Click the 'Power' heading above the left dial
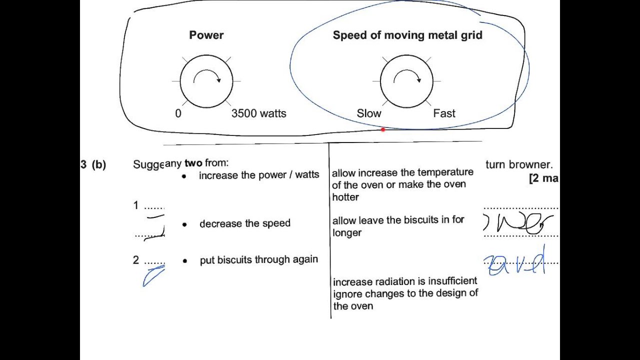pos(206,35)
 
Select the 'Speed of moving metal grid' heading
pos(407,35)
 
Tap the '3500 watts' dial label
pos(258,113)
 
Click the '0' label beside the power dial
pos(178,113)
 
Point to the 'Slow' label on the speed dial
pos(369,113)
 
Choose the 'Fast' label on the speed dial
pos(444,113)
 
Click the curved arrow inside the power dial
pos(207,76)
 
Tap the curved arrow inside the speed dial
pos(407,76)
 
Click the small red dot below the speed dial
pos(383,129)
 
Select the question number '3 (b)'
pos(93,164)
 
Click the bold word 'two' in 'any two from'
pos(193,163)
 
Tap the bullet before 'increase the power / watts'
pos(184,176)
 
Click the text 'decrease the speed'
pos(244,223)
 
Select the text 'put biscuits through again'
pos(258,259)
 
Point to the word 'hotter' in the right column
pos(345,197)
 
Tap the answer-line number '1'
pos(136,205)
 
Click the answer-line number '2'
pos(136,260)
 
